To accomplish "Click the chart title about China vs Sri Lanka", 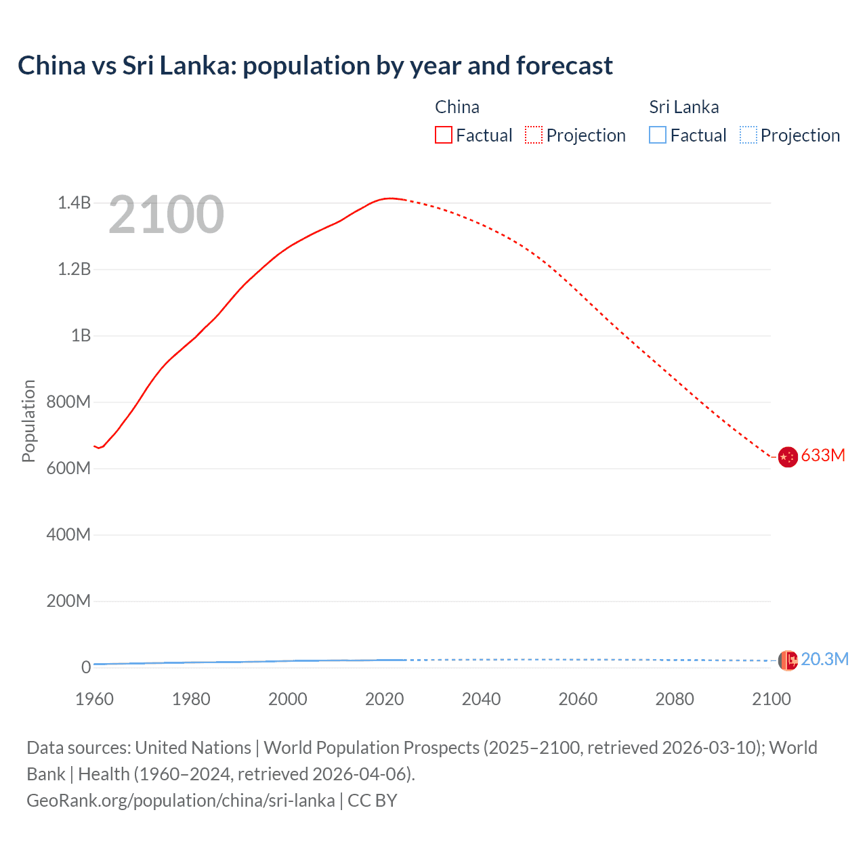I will click(x=315, y=66).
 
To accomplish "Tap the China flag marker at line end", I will click(x=787, y=457).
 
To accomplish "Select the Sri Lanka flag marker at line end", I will click(x=787, y=660).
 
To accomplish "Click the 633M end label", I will click(x=823, y=455).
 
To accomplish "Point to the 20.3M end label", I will click(x=824, y=659).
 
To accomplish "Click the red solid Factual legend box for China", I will click(x=444, y=135).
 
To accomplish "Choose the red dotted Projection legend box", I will click(x=534, y=135).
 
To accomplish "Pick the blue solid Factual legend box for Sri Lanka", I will click(x=658, y=135).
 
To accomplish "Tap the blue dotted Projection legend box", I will click(x=748, y=135).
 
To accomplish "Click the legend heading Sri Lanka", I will click(x=684, y=107).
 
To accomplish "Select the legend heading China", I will click(x=457, y=107).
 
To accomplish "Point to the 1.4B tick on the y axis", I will click(x=74, y=203).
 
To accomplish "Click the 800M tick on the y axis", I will click(x=68, y=402).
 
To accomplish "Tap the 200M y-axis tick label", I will click(x=68, y=601).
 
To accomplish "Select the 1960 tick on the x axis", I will click(x=94, y=699).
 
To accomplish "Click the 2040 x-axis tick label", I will click(x=481, y=699).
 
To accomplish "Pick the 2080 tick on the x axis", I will click(x=675, y=699).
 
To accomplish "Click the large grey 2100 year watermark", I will click(x=166, y=215).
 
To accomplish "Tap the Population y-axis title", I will click(x=28, y=421).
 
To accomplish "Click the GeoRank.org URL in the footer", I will click(x=181, y=801).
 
